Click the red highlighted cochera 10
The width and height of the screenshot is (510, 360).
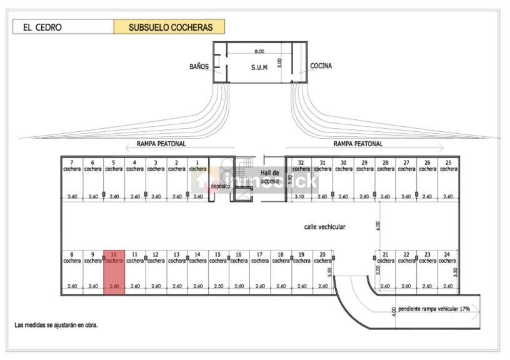tap(114, 271)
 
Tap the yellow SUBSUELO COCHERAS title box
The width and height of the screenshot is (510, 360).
tap(169, 27)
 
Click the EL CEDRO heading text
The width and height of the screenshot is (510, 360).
tap(42, 27)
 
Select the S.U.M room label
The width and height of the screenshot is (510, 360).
tap(259, 67)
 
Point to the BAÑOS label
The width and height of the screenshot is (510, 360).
tap(199, 66)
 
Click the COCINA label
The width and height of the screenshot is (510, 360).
tap(321, 66)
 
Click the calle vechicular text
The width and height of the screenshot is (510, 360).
tap(324, 227)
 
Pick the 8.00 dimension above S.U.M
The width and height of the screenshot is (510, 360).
tap(259, 51)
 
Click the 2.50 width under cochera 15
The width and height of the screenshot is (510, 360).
tap(218, 286)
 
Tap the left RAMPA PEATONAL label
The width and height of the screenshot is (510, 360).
tap(161, 144)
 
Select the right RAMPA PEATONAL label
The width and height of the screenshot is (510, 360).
tap(358, 144)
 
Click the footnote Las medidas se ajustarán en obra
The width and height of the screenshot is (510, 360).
tap(56, 326)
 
